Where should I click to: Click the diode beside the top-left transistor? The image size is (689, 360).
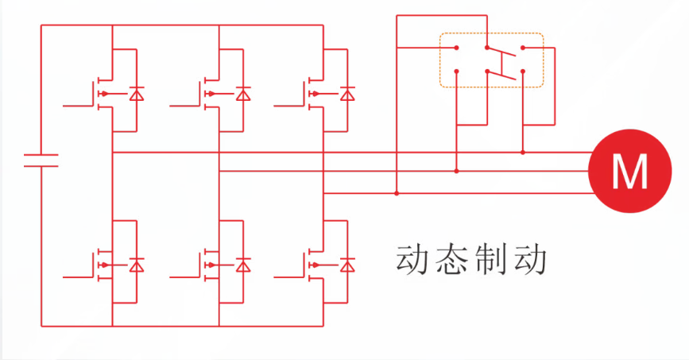point(136,95)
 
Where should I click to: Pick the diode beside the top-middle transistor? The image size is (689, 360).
point(242,95)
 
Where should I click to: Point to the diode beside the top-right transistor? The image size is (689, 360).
point(346,95)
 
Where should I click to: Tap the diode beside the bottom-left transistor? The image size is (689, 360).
point(136,265)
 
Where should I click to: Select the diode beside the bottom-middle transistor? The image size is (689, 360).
point(242,265)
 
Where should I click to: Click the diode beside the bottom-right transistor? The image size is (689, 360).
point(346,265)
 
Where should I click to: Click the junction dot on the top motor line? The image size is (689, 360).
point(523,152)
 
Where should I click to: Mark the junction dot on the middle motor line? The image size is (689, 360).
point(456,170)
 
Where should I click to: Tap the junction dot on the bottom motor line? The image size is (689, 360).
point(397,192)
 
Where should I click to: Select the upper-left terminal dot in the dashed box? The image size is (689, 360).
point(456,48)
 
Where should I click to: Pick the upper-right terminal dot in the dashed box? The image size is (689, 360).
point(523,48)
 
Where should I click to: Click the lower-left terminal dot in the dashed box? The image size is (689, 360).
point(456,72)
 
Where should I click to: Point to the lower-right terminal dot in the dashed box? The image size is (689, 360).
point(523,72)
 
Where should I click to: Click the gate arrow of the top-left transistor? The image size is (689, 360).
point(104,95)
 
